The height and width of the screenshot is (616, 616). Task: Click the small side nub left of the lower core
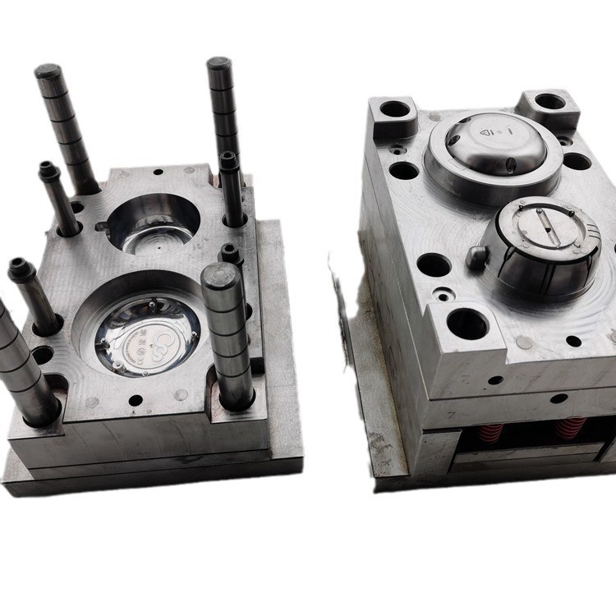[x=476, y=255]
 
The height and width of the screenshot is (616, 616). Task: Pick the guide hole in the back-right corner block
[x=548, y=103]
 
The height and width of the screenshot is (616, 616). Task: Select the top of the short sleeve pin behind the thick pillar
[x=230, y=251]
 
